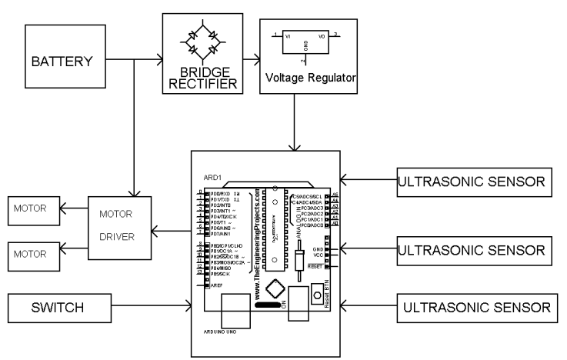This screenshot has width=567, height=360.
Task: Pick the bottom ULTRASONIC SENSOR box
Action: point(478,308)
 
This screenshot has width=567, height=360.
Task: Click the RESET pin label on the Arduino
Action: point(315,265)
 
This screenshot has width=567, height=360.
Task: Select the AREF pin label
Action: point(218,285)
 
